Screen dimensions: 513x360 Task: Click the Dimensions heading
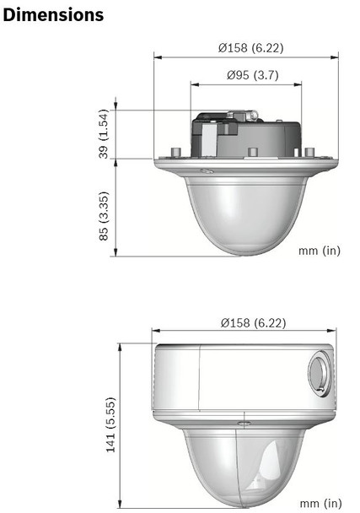coord(54,15)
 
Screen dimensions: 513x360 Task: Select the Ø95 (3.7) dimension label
coord(246,75)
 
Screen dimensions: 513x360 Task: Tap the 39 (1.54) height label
coord(104,134)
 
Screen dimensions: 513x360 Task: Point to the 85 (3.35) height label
coord(104,216)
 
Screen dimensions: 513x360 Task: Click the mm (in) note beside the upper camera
coord(320,251)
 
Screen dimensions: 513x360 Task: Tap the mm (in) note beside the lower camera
coord(320,503)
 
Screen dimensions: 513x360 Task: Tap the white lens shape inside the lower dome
coord(267,467)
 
